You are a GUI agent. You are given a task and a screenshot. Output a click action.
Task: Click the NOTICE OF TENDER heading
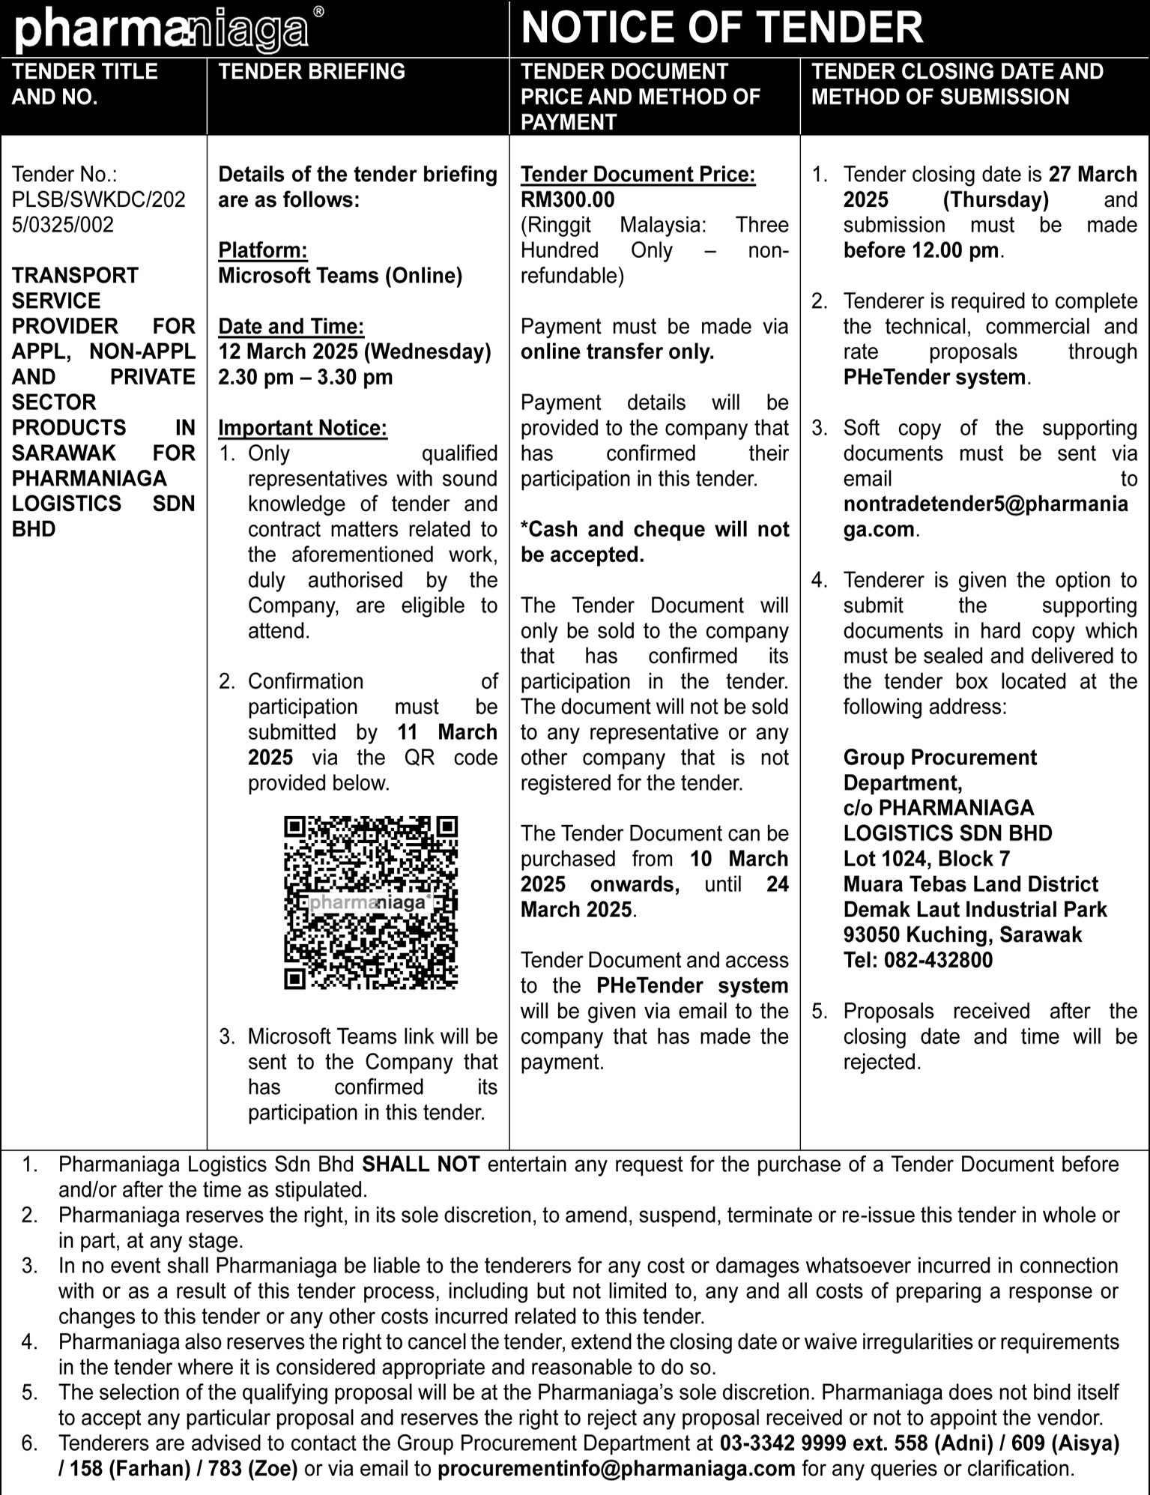point(721,28)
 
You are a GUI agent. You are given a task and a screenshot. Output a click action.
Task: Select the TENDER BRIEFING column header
point(311,72)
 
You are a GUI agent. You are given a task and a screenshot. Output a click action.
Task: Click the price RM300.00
point(567,200)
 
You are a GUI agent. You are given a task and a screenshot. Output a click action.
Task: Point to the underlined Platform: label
point(262,250)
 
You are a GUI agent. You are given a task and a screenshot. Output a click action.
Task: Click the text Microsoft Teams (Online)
point(340,276)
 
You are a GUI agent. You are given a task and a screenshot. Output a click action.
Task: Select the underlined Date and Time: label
point(291,327)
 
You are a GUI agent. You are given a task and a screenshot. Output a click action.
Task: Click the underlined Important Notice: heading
point(303,428)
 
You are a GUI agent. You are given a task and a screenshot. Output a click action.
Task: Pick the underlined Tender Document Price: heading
point(638,175)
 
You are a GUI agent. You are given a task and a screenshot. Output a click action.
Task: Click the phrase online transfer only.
point(617,352)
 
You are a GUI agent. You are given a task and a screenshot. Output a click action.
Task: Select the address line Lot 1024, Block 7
point(926,859)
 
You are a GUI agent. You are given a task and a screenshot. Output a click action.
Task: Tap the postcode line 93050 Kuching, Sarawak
point(963,934)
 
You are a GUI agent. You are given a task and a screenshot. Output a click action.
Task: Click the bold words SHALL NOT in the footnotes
point(420,1165)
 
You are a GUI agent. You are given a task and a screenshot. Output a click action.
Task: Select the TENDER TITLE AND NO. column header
point(85,84)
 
